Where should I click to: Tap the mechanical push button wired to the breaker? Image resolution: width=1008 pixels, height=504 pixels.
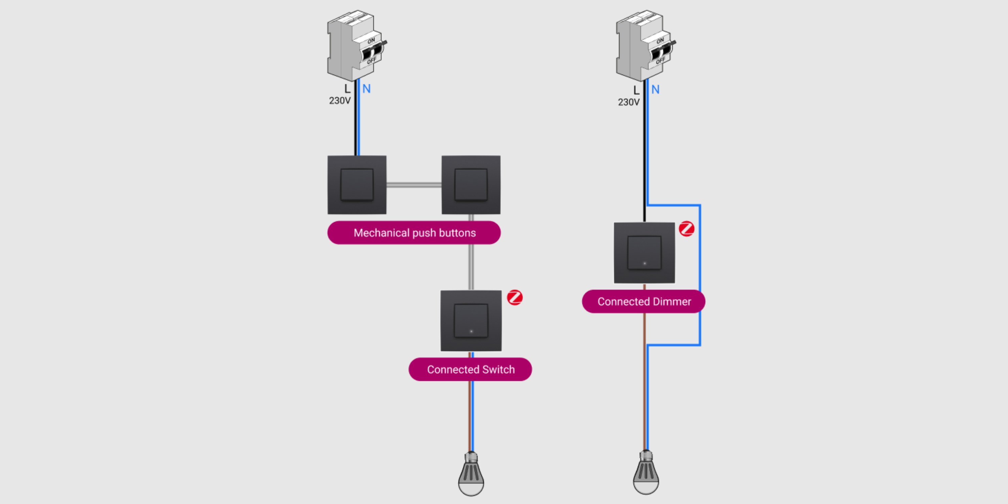point(357,185)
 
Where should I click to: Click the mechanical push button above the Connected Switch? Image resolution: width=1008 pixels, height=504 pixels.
point(471,185)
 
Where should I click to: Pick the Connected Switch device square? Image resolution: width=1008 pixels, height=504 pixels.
point(471,321)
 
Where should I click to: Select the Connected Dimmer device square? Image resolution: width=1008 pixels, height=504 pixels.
point(644,253)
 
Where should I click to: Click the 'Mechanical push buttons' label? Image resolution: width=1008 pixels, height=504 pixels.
point(414,233)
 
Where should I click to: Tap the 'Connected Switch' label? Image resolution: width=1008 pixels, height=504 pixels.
point(470,369)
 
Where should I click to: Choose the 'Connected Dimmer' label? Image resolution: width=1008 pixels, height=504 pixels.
point(644,301)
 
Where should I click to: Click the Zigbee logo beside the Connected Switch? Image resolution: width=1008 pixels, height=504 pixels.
point(514,297)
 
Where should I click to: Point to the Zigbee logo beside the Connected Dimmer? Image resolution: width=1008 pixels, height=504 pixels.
point(686,229)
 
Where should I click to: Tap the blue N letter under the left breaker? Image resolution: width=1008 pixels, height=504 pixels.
point(366,89)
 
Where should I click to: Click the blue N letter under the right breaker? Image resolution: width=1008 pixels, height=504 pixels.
point(656,90)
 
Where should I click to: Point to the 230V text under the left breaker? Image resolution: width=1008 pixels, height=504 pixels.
point(340,101)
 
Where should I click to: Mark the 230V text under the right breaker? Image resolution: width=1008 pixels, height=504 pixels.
point(628,102)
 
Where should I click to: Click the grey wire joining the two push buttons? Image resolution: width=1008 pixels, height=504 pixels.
point(414,185)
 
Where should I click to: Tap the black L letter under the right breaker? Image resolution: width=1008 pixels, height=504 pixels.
point(636,90)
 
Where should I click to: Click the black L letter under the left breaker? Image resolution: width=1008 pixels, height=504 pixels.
point(347,89)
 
